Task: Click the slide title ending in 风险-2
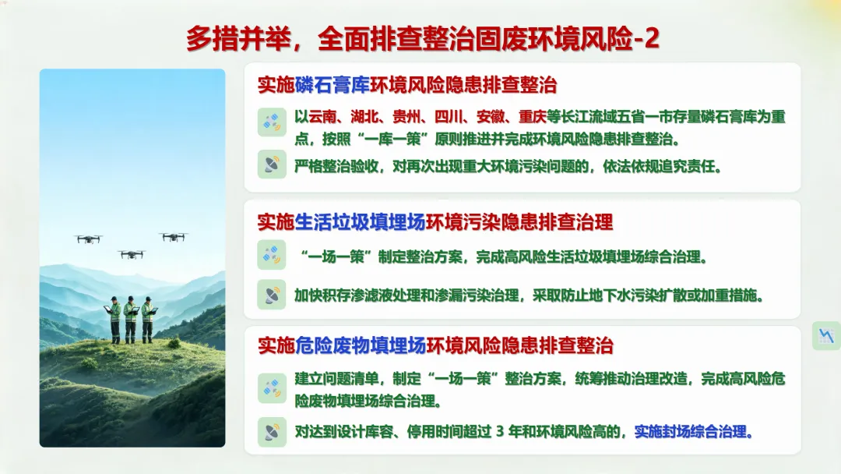tap(423, 39)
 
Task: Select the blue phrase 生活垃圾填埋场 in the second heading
tap(360, 222)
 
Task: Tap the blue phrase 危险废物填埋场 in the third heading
tap(360, 345)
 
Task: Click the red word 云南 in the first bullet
tap(322, 117)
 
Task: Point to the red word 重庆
tap(532, 117)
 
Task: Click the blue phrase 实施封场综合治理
tap(690, 432)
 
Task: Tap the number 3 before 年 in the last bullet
tap(500, 432)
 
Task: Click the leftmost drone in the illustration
tap(89, 239)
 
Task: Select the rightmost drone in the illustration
tap(173, 237)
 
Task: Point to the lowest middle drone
tap(132, 254)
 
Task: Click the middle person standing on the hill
tap(131, 320)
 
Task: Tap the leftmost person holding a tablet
tap(114, 320)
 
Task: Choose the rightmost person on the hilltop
tap(149, 320)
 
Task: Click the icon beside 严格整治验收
tap(272, 164)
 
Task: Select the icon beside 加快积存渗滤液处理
tap(272, 295)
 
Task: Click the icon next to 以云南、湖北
tap(272, 122)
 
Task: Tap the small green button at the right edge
tap(826, 336)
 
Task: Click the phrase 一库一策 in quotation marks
tap(396, 140)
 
